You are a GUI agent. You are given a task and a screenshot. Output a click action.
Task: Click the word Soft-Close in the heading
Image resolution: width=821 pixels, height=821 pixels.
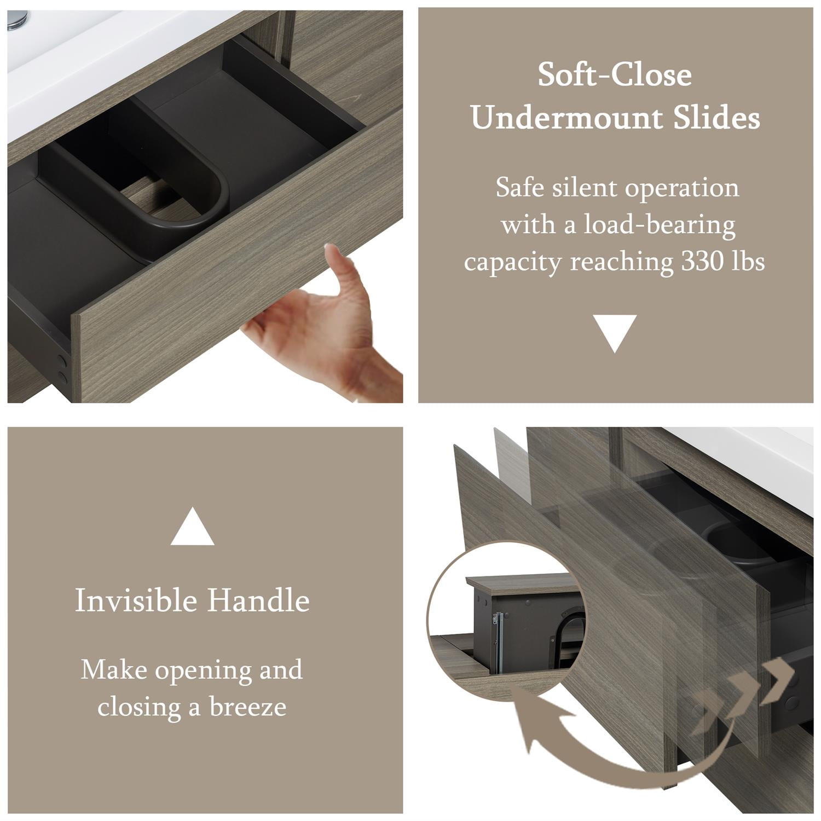click(614, 74)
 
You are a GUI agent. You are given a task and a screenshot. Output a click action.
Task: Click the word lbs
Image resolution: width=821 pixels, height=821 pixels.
click(749, 262)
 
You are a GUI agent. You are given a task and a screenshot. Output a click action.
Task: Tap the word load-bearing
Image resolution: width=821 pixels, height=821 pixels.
click(659, 226)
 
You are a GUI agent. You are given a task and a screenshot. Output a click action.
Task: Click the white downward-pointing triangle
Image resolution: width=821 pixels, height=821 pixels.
click(615, 331)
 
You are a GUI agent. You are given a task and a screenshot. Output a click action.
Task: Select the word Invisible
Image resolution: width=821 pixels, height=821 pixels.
click(136, 600)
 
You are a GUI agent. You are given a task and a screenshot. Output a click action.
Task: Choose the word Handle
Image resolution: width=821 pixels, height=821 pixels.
click(258, 600)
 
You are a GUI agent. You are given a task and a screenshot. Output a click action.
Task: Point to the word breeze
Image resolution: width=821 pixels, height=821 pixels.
click(248, 707)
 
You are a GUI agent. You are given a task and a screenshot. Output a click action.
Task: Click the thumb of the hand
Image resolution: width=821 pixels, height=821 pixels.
click(339, 268)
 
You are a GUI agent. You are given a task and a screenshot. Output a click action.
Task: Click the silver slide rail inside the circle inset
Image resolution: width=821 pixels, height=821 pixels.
click(497, 640)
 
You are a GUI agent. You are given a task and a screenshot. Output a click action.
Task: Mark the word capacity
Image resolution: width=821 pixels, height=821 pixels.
click(512, 263)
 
